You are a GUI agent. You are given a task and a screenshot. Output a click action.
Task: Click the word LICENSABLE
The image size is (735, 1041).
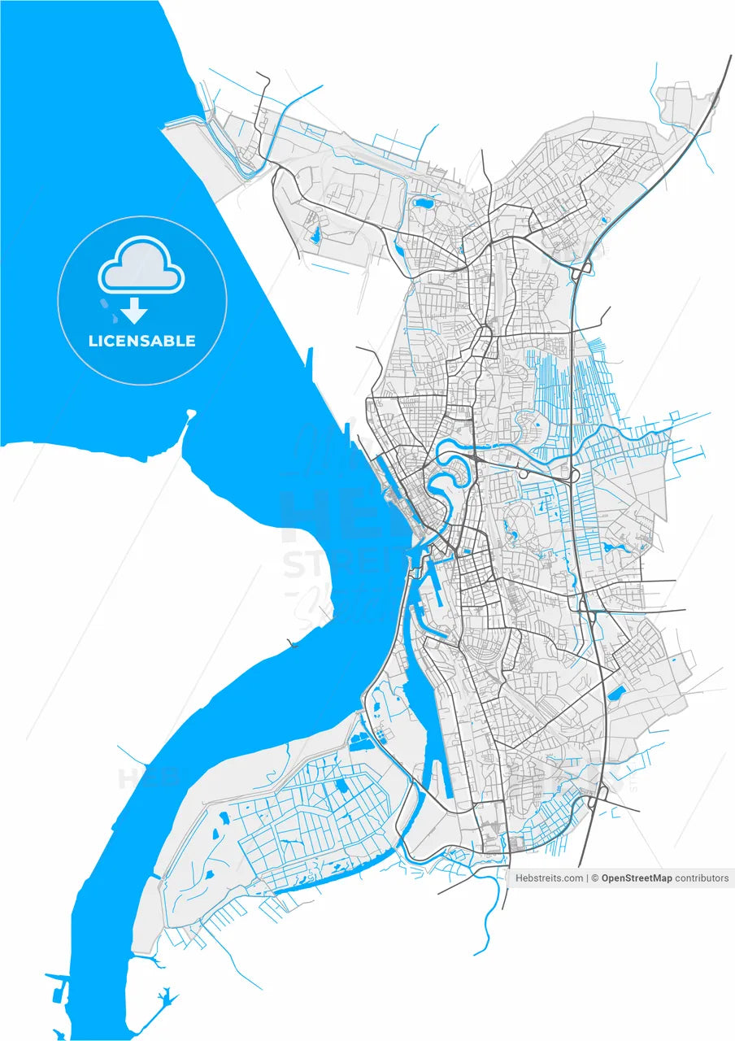pos(141,341)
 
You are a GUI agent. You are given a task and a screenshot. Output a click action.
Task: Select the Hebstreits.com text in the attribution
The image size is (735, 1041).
pos(549,878)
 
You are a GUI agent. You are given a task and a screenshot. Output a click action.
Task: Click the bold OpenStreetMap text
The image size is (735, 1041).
pos(637,878)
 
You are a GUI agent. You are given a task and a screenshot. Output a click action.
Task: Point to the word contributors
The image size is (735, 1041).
pos(702,878)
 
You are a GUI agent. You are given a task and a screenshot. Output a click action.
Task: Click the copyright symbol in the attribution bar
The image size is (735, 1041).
pos(595,878)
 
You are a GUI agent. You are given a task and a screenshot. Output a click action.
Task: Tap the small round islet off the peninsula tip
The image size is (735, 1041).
pos(191,413)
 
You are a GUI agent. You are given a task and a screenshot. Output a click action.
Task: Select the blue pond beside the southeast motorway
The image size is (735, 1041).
pos(616,693)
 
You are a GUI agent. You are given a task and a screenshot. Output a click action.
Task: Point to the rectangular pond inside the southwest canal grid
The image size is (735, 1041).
pos(339,785)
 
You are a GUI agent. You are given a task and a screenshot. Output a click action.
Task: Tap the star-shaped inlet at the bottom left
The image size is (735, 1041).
pos(166,995)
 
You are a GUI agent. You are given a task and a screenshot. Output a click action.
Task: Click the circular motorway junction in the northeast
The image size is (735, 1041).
pos(583,268)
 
